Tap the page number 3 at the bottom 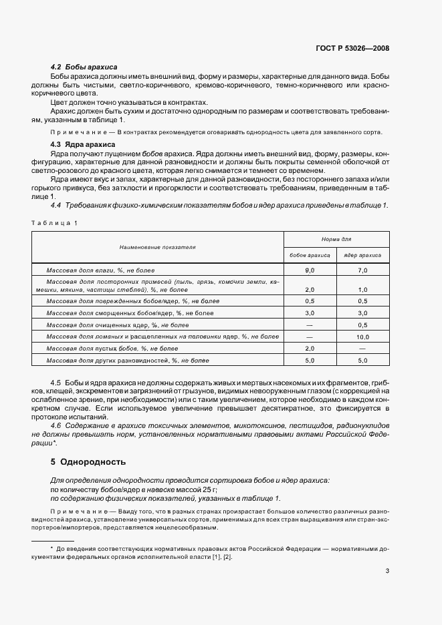tap(388, 570)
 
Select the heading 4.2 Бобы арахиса tap(84, 67)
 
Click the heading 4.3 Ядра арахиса tap(84, 144)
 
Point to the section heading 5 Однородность tap(88, 461)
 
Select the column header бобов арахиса tap(310, 255)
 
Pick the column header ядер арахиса tap(362, 255)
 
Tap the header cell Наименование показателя tap(158, 247)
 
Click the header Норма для tap(336, 238)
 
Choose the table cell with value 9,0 tap(310, 270)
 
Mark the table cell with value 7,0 tap(362, 270)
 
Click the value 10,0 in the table tap(362, 337)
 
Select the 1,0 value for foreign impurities tap(362, 290)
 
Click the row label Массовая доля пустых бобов tap(112, 349)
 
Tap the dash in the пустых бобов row tap(362, 349)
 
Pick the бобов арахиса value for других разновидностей tap(310, 361)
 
